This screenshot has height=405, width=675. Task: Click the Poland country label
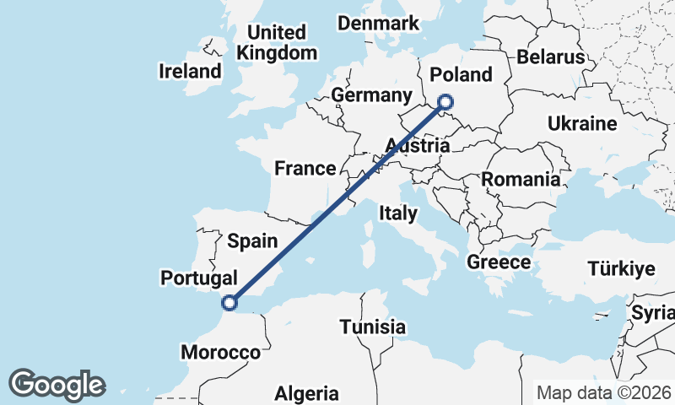[x=461, y=74]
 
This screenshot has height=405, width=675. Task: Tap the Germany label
[x=371, y=94]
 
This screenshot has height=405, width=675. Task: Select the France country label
[x=305, y=169]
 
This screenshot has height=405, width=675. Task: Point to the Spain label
[x=252, y=241]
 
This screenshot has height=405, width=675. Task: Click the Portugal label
[x=198, y=278]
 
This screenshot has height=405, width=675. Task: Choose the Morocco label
[x=221, y=353]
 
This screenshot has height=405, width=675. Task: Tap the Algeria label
[x=307, y=393]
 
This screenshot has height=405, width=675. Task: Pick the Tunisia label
[x=373, y=327]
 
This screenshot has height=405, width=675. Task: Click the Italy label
[x=397, y=213]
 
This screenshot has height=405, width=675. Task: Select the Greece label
[x=499, y=262]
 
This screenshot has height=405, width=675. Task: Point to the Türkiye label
[x=622, y=270]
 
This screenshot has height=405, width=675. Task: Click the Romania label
[x=521, y=180]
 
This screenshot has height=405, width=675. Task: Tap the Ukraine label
[x=582, y=124]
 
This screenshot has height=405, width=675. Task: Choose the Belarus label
[x=551, y=57]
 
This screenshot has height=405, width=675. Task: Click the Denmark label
[x=379, y=23]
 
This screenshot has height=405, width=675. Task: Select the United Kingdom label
[x=278, y=42]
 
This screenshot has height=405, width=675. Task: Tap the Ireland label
[x=190, y=72]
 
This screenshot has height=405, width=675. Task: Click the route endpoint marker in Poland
[x=445, y=103]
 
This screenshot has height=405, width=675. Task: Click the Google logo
[x=57, y=385]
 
